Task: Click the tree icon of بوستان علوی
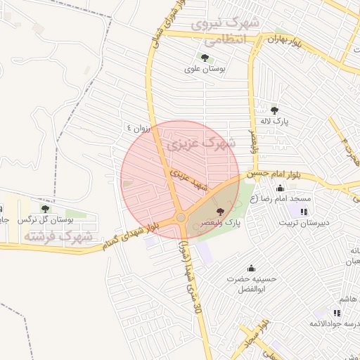pyautogui.click(x=204, y=58)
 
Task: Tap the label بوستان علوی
pyautogui.click(x=203, y=69)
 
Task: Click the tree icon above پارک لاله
pyautogui.click(x=274, y=110)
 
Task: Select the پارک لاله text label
pyautogui.click(x=275, y=120)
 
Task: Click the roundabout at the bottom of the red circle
pyautogui.click(x=181, y=218)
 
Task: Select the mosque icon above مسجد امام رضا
pyautogui.click(x=281, y=188)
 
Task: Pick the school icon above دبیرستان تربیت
pyautogui.click(x=304, y=212)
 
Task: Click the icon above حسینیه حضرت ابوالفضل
pyautogui.click(x=251, y=268)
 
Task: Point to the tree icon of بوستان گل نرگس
pyautogui.click(x=45, y=209)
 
